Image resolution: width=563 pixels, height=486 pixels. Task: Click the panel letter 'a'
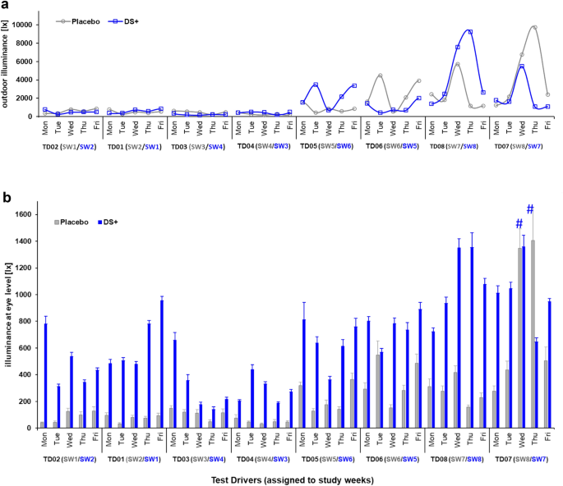pos(6,7)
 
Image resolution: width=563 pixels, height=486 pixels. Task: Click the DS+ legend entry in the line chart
pos(146,21)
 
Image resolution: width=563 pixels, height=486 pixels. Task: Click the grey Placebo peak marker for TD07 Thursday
pos(535,28)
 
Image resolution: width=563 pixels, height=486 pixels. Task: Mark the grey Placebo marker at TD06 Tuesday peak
pos(381,76)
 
